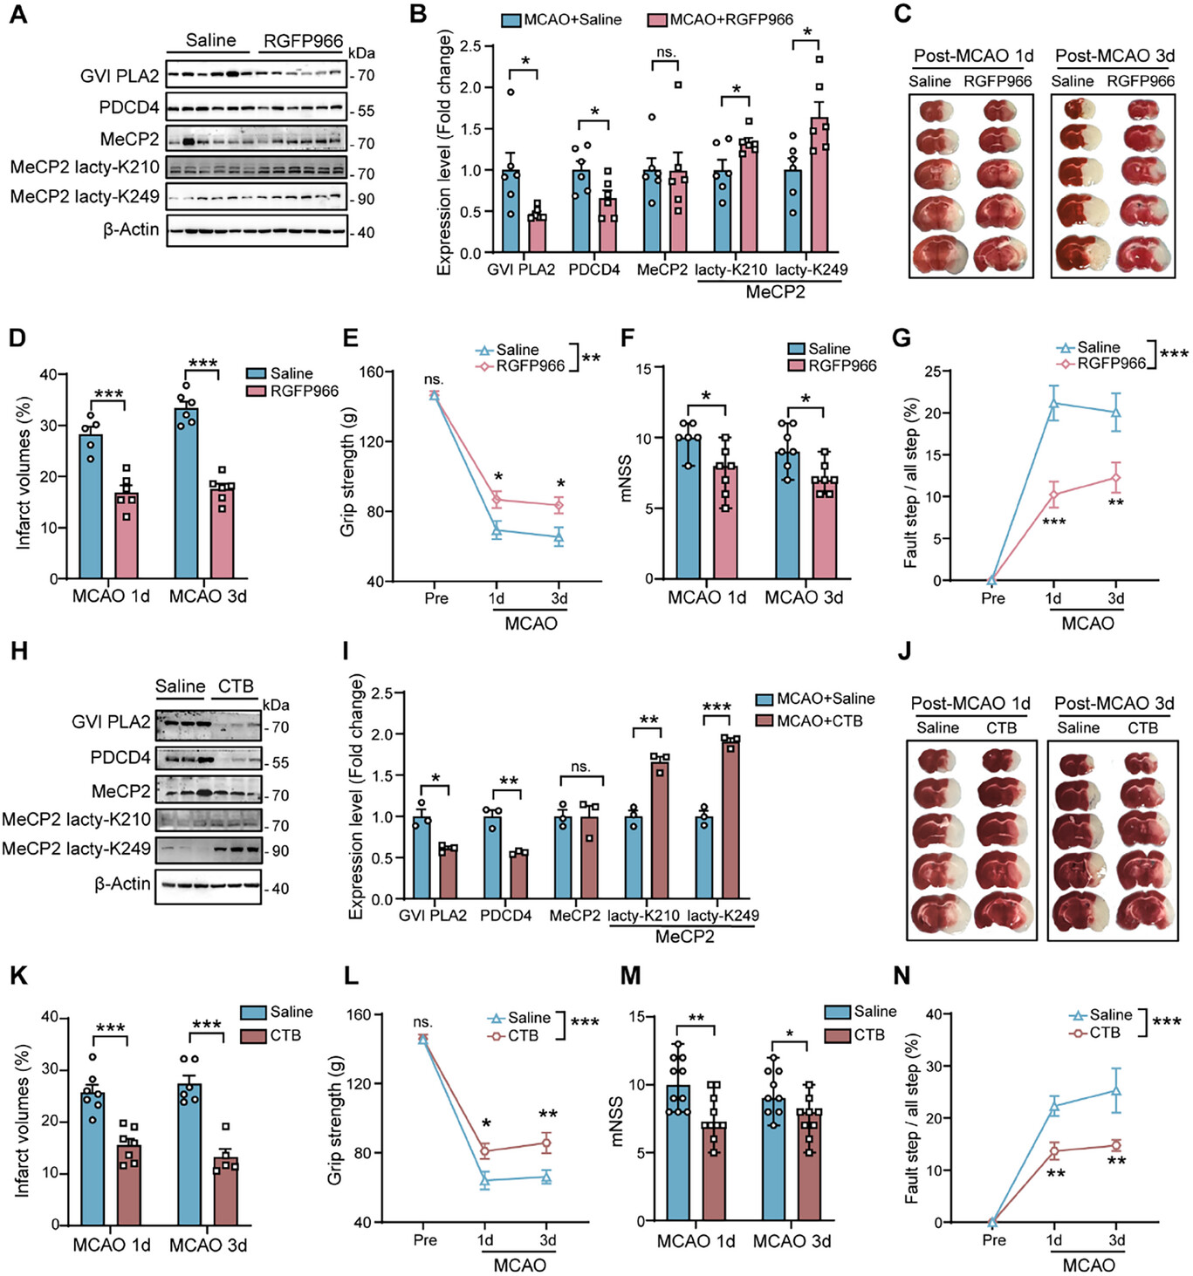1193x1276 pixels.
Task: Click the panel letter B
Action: coord(418,14)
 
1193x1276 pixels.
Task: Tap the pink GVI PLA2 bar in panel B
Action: coord(537,233)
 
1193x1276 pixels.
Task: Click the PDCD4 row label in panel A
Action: coord(129,108)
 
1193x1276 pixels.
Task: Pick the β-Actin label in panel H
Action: coord(122,884)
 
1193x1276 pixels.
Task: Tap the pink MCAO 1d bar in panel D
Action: coord(127,536)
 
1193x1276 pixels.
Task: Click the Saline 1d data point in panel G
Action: coord(1053,404)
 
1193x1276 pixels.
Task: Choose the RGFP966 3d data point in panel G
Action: coord(1115,478)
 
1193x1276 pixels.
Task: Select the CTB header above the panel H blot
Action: coord(236,686)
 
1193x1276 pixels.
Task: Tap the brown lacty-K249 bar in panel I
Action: coord(730,820)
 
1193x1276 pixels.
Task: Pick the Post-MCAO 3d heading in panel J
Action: coord(1114,703)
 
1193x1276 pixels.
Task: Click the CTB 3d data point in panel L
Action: coord(546,1143)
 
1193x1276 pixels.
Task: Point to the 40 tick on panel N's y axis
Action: coord(933,1014)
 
